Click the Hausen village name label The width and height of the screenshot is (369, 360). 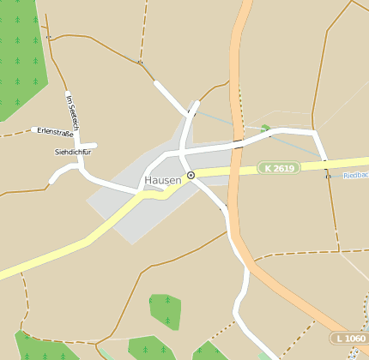tap(163, 180)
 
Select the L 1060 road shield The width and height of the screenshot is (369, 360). tap(351, 339)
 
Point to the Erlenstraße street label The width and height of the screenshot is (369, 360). tap(55, 131)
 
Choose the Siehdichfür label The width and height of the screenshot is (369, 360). tap(72, 151)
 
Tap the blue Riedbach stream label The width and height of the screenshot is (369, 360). tap(355, 175)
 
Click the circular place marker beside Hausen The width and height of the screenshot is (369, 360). tap(191, 175)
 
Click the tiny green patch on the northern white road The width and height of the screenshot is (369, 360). tap(266, 129)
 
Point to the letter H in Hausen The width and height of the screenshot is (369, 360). tap(149, 180)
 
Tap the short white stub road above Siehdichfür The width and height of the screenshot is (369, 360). tap(87, 146)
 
